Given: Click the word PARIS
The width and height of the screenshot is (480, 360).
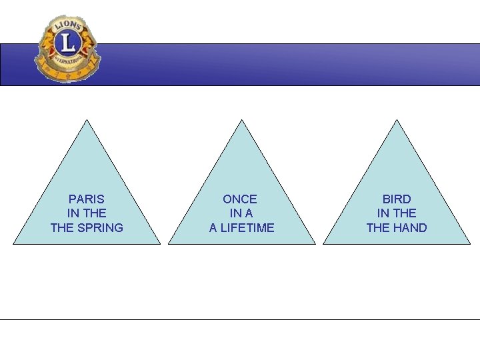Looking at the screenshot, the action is tap(87, 199).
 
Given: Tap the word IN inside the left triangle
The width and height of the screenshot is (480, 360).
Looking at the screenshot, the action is tap(74, 213).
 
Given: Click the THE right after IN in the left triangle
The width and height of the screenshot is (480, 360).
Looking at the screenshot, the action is tap(95, 213).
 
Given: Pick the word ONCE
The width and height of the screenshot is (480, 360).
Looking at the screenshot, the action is tap(240, 199).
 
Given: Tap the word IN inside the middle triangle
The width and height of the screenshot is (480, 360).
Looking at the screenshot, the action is tap(235, 213).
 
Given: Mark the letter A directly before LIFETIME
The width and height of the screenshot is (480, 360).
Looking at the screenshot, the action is tap(213, 228).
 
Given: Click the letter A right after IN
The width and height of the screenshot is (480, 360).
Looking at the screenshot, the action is tap(249, 213).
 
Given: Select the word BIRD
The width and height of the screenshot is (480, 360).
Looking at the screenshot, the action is tap(397, 199).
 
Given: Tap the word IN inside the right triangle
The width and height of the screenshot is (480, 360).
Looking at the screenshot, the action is tap(383, 213).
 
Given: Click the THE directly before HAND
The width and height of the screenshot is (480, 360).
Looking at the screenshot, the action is tap(378, 228).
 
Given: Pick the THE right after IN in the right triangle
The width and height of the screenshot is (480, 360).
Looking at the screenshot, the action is tap(405, 213).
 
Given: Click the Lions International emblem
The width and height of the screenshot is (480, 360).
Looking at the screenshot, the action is tap(67, 49).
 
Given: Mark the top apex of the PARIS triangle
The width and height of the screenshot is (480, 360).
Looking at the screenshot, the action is tap(87, 121).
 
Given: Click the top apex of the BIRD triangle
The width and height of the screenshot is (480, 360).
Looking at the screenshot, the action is tap(397, 121).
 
